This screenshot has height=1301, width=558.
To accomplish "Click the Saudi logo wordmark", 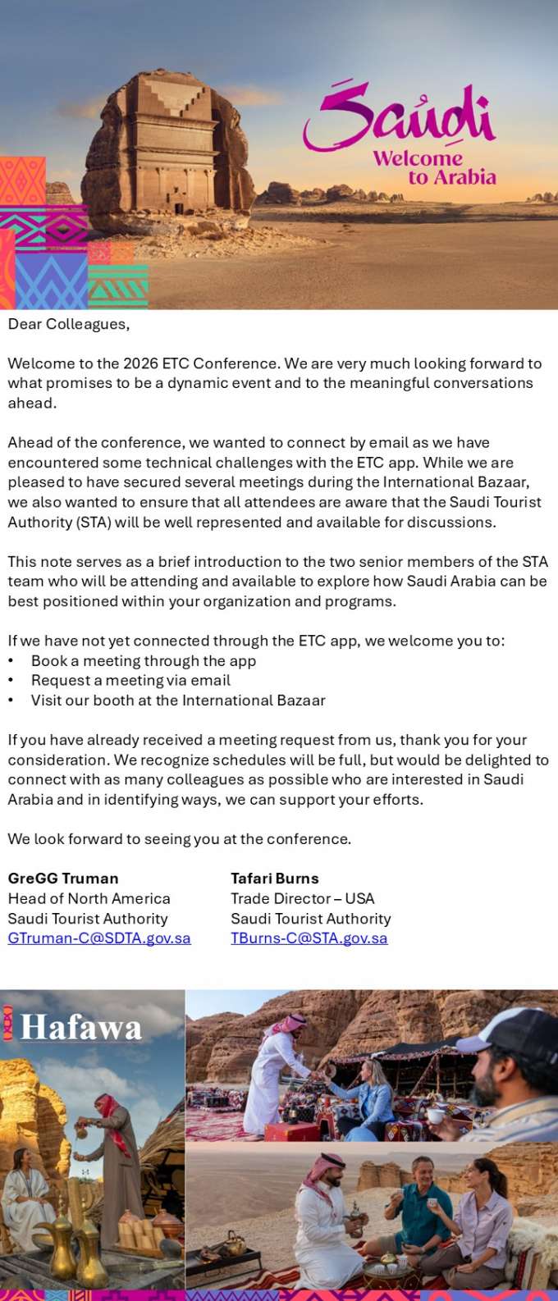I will coord(400,120).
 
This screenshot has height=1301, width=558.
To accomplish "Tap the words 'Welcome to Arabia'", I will coord(435,167).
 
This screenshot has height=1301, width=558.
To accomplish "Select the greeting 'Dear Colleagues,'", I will coord(69,324).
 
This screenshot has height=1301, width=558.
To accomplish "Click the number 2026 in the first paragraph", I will coord(140,363).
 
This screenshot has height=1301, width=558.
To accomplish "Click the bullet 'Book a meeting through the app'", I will coord(144,661).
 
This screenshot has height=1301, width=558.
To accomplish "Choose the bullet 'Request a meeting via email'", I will coord(130,681).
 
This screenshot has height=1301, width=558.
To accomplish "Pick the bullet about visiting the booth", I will coord(178,701).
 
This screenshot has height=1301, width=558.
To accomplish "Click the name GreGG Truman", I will coord(63,879).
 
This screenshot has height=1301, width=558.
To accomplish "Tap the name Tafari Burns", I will coord(275,879).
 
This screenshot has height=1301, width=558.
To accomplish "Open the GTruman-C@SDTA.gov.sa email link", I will coord(99,938).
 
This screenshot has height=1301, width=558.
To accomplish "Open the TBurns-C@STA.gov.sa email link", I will coord(309,938).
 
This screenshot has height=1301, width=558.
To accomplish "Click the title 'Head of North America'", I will coord(89,899).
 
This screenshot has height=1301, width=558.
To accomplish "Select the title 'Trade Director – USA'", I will coord(303,899).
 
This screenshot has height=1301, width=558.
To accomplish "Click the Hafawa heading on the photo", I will coord(80,1028).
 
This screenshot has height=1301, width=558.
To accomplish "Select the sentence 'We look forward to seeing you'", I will coord(179,839).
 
